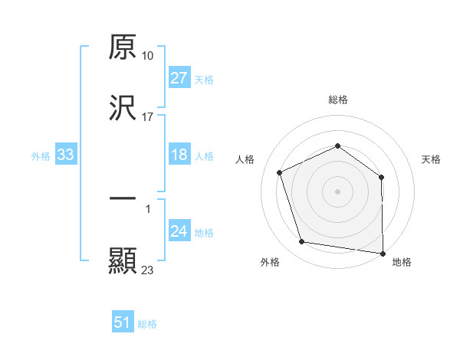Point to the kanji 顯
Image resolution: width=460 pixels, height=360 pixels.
(123, 260)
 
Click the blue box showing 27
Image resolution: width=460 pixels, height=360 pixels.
(179, 78)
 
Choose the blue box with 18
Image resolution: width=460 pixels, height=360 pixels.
(179, 155)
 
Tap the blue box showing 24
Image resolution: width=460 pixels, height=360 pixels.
(179, 232)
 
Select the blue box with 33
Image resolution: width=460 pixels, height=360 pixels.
(66, 155)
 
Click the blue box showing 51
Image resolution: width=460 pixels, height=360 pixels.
(123, 322)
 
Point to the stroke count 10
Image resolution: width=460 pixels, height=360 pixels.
(148, 56)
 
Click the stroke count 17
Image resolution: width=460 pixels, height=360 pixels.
(148, 116)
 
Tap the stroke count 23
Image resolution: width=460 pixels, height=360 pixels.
(148, 270)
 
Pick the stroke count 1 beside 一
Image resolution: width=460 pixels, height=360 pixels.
(148, 209)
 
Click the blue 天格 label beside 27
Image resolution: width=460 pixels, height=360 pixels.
(204, 79)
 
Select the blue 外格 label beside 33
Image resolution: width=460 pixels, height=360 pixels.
(41, 156)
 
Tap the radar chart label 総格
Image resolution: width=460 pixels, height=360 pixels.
(338, 100)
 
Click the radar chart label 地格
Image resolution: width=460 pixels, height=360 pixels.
(402, 262)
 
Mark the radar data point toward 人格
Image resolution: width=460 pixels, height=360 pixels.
(281, 172)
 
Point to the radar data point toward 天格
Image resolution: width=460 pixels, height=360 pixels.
(381, 177)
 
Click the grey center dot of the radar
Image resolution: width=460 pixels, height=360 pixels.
(338, 191)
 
